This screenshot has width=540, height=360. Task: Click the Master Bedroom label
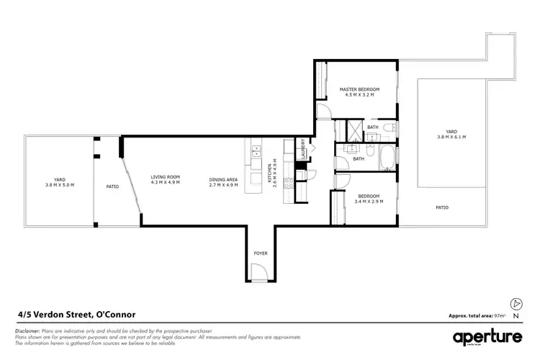pos(359,89)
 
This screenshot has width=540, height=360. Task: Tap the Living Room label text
pos(165,176)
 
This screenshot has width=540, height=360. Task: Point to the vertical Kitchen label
pos(270,174)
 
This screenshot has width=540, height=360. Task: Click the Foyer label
pos(260,253)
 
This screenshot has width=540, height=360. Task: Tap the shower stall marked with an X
pos(354,130)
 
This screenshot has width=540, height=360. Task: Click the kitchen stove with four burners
pos(288,182)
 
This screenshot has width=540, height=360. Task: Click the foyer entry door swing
pos(260,272)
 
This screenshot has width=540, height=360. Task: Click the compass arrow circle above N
pos(515,304)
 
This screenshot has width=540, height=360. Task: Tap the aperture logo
pos(486,338)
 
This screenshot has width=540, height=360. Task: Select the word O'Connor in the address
pos(114,314)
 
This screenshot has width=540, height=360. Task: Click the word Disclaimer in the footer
pos(27,330)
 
